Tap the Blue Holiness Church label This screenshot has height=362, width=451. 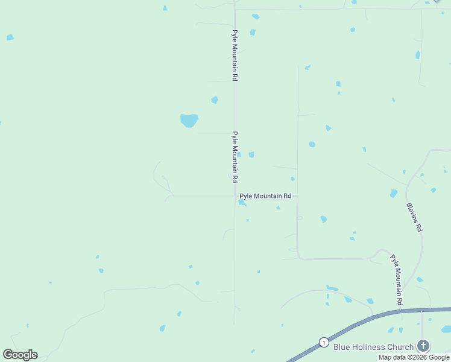pyautogui.click(x=374, y=346)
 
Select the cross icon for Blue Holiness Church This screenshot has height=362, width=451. pyautogui.click(x=423, y=346)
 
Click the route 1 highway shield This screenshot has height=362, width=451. pyautogui.click(x=324, y=342)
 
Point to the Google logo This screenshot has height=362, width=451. pyautogui.click(x=20, y=354)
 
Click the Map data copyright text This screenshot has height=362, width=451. pyautogui.click(x=414, y=357)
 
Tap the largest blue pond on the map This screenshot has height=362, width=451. pyautogui.click(x=189, y=120)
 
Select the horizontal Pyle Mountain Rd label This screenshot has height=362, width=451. pyautogui.click(x=265, y=196)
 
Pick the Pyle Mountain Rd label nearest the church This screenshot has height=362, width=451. pyautogui.click(x=396, y=279)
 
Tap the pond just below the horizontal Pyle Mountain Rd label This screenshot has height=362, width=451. pyautogui.click(x=242, y=203)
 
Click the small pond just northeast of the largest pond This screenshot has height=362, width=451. pyautogui.click(x=214, y=100)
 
